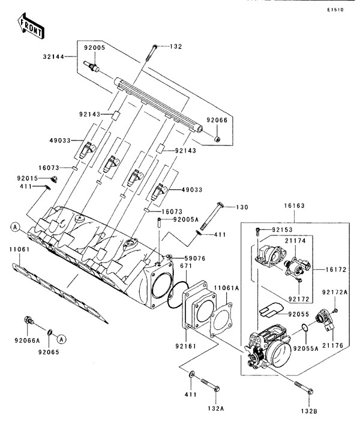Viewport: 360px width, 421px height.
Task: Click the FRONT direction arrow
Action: [x=31, y=26]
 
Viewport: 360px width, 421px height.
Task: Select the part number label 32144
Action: [x=53, y=57]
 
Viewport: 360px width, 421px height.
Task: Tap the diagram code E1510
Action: [x=335, y=10]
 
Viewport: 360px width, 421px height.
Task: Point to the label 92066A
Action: [x=27, y=341]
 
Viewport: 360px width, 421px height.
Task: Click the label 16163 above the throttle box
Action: [x=295, y=205]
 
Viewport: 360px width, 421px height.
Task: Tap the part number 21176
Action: [x=332, y=345]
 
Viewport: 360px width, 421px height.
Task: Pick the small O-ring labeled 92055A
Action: [x=305, y=327]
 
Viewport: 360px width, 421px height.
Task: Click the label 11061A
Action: [x=226, y=288]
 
